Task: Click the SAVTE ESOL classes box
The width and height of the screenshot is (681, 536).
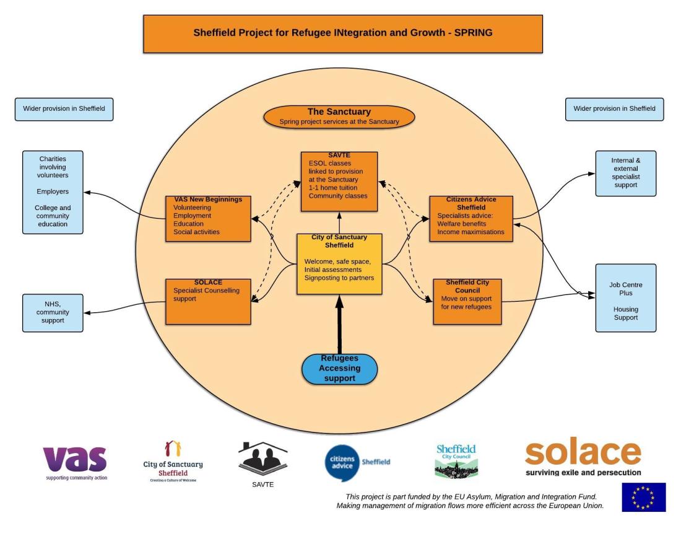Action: coord(339,182)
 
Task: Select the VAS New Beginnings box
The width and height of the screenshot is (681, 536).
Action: coord(208,219)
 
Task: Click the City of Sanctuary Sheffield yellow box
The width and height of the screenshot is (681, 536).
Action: coord(339,264)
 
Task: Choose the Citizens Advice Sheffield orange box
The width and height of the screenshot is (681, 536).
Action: coord(471,217)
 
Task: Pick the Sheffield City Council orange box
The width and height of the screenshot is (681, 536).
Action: coord(467,301)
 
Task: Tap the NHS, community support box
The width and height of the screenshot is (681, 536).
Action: coord(53,312)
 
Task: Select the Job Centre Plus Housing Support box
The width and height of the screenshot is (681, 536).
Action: coord(625,297)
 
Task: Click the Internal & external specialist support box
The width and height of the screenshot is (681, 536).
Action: coord(625,173)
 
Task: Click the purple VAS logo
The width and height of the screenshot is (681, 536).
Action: coord(75,462)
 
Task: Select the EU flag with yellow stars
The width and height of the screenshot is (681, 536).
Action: coord(644,497)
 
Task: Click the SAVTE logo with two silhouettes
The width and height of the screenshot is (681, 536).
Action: coord(263,462)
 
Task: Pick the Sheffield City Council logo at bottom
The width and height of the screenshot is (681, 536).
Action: coord(456,461)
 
